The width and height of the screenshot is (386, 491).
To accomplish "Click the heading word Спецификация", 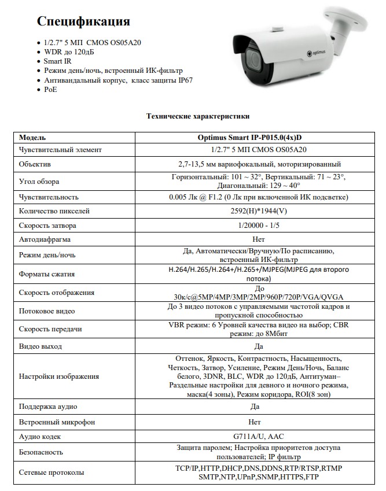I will coord(83,21).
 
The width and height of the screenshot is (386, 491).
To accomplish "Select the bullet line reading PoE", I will coord(50,90).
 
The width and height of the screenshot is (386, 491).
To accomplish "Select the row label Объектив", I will coord(35,164).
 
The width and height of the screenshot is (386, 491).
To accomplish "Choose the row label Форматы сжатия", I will coord(47,274).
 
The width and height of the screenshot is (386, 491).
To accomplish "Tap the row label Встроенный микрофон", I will coord(57,422).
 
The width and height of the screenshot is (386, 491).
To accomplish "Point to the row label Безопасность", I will coord(41,452).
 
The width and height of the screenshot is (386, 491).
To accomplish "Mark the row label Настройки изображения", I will coord(59,376).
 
